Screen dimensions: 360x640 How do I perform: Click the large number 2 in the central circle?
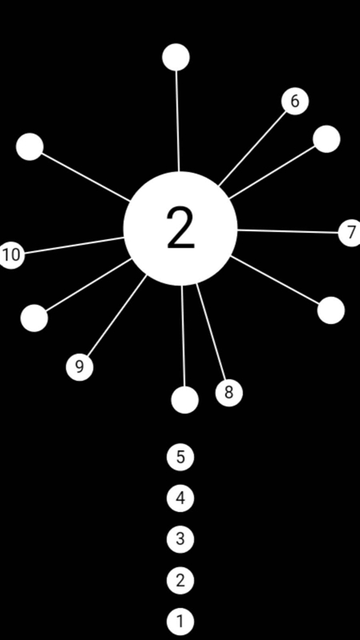coord(181,228)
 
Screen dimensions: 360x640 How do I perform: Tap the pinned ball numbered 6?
coord(295,102)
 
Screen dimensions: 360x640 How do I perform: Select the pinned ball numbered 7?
coord(350,233)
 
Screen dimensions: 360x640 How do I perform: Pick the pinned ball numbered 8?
coord(229,393)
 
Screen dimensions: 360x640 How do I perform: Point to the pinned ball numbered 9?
coord(79,367)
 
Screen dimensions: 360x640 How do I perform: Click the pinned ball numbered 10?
coord(11,254)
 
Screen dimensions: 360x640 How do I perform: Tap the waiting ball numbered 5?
coord(181,457)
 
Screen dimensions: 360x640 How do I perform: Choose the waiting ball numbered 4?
coord(181,498)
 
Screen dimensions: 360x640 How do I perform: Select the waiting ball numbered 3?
coord(181,539)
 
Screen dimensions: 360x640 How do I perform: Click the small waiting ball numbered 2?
coord(181,581)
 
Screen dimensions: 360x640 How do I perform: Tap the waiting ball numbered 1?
coord(181,622)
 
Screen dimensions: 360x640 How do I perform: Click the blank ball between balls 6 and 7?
coord(326,139)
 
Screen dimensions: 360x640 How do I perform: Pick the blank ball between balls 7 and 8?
coord(331,310)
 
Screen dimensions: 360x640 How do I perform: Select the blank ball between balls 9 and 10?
coord(34,318)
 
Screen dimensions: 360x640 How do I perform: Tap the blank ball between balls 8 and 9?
coord(185,400)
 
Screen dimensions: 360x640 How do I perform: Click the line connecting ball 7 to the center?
coord(288,231)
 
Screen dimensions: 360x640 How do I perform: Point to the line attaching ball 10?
coord(74,246)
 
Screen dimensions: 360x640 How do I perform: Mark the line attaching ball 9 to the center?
coord(118,315)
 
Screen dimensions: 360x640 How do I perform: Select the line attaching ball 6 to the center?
coord(253,149)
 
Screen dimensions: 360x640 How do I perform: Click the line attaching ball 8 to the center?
coord(210,332)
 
